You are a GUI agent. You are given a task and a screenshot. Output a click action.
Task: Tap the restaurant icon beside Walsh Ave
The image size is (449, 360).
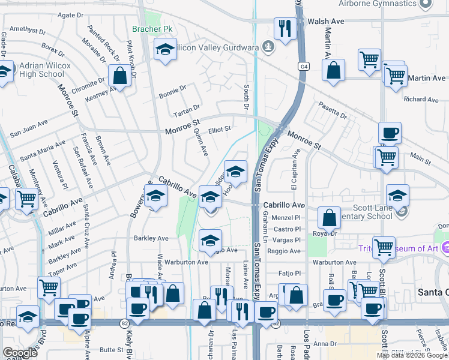pyautogui.click(x=283, y=28)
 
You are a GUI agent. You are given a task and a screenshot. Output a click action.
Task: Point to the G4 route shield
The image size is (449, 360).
pyautogui.click(x=305, y=65)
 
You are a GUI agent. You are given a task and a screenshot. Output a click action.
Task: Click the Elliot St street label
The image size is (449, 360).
pyautogui.click(x=220, y=128)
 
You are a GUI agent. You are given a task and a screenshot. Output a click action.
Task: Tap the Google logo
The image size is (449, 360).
pyautogui.click(x=20, y=353)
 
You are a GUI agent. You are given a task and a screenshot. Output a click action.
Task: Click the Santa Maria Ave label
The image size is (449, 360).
pyautogui.click(x=43, y=151)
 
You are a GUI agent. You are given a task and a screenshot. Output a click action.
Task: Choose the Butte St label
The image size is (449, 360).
pyautogui.click(x=111, y=349)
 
